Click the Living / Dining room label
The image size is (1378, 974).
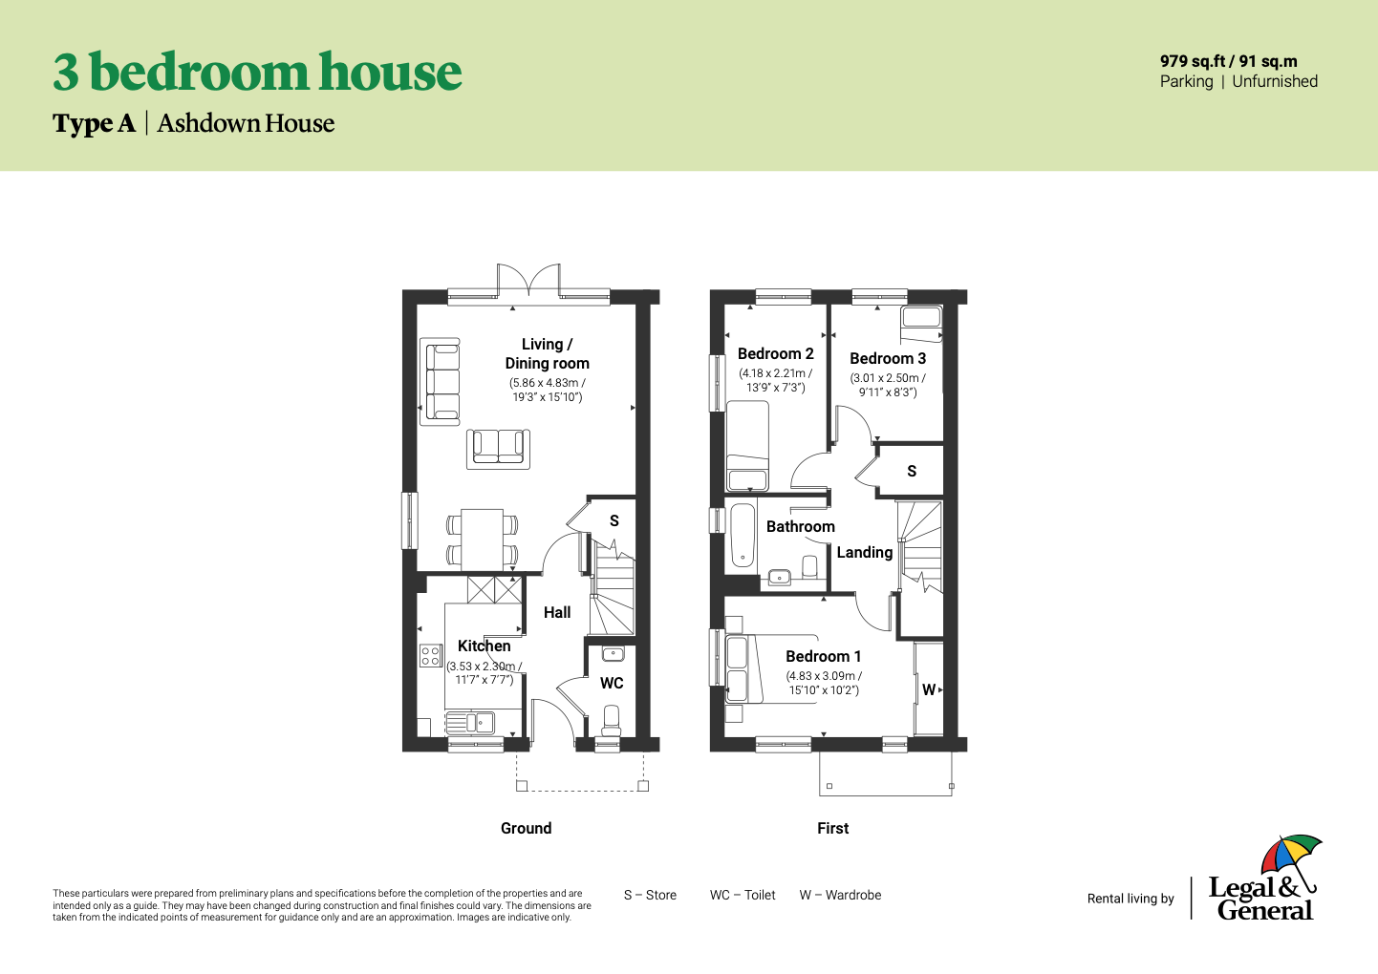click(547, 353)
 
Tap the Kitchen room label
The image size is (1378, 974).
click(484, 646)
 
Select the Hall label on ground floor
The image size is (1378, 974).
click(557, 613)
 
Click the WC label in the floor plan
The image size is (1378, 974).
click(612, 684)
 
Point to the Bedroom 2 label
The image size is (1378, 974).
click(775, 354)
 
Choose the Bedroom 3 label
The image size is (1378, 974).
click(888, 359)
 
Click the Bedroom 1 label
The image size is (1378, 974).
click(823, 657)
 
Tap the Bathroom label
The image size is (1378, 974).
click(800, 527)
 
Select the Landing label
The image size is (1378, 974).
click(864, 553)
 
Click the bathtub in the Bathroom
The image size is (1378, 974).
click(743, 535)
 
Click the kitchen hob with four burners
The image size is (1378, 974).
click(431, 656)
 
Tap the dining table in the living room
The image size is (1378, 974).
click(482, 538)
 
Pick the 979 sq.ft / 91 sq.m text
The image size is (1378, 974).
click(1228, 61)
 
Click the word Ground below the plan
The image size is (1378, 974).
click(526, 829)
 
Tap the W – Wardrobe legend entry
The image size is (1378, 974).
click(840, 896)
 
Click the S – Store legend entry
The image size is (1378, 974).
click(650, 896)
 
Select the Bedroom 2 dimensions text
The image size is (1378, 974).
click(775, 381)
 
